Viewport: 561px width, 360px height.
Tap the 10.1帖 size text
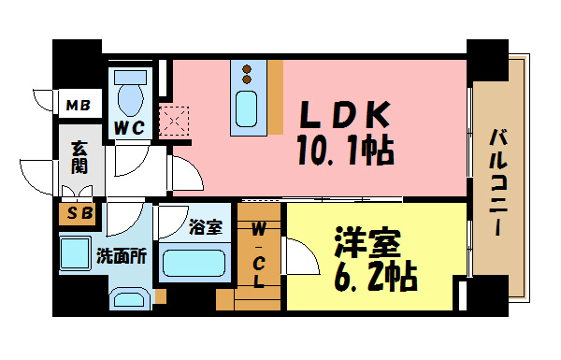(344, 149)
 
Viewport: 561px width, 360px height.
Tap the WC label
(128, 128)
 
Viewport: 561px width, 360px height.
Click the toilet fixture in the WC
(129, 94)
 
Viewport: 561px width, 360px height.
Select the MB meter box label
(76, 105)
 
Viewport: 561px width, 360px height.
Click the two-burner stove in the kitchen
(249, 72)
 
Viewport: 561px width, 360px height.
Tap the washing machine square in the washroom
(73, 253)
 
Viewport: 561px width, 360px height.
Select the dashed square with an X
(174, 121)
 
